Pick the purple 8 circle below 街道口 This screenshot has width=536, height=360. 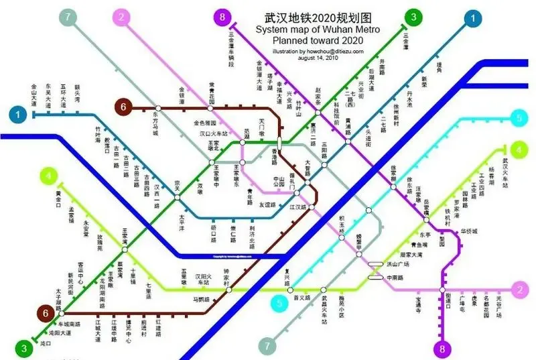(442, 348)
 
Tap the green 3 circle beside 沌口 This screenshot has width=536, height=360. (23, 348)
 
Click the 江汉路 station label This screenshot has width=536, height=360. (297, 207)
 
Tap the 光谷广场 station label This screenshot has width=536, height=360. (498, 310)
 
